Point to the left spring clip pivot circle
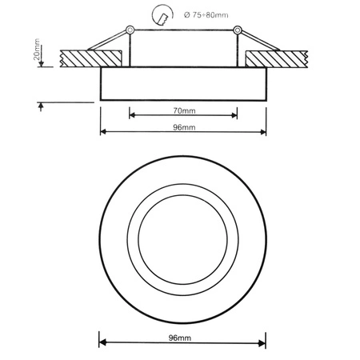tap(127, 31)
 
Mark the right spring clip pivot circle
tap(237, 31)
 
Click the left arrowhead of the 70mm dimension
tap(131, 115)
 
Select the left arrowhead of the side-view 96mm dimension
tap(102, 133)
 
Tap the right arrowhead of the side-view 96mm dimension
tap(264, 133)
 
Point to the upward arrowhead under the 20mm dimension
tap(38, 106)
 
